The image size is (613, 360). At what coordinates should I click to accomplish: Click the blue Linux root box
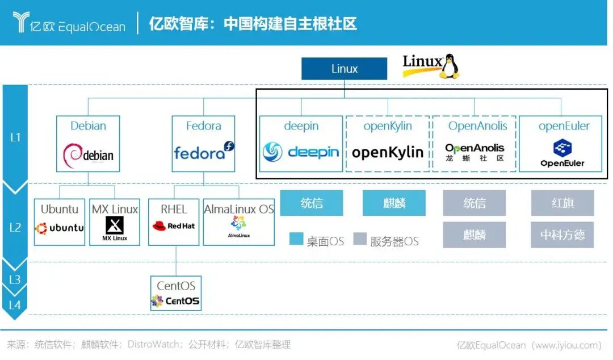pyautogui.click(x=344, y=69)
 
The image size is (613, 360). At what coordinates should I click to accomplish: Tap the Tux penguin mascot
pyautogui.click(x=450, y=66)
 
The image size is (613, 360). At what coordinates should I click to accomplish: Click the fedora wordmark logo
pyautogui.click(x=203, y=152)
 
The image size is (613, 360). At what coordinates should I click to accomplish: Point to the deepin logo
pyautogui.click(x=301, y=152)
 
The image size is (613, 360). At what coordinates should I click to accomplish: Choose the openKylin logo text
pyautogui.click(x=388, y=152)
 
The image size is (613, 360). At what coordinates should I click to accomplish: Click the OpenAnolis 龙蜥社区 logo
pyautogui.click(x=475, y=152)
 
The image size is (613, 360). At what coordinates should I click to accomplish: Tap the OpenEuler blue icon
pyautogui.click(x=562, y=148)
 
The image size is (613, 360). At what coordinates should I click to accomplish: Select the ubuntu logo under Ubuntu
pyautogui.click(x=60, y=228)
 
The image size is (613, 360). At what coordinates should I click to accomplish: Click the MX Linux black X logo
pyautogui.click(x=115, y=226)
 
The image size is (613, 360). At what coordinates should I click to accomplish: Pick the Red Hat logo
pyautogui.click(x=173, y=226)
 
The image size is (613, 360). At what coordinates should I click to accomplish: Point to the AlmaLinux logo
pyautogui.click(x=239, y=224)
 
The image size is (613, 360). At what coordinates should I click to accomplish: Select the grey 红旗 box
pyautogui.click(x=562, y=203)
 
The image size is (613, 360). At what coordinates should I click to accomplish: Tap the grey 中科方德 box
pyautogui.click(x=562, y=235)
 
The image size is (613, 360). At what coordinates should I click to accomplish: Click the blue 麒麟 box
pyautogui.click(x=394, y=203)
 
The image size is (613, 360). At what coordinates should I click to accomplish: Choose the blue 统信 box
pyautogui.click(x=312, y=203)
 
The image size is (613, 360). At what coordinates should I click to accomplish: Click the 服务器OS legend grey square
pyautogui.click(x=359, y=239)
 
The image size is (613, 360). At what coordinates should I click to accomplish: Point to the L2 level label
pyautogui.click(x=15, y=227)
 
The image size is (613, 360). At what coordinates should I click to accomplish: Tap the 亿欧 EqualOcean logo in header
pyautogui.click(x=68, y=23)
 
